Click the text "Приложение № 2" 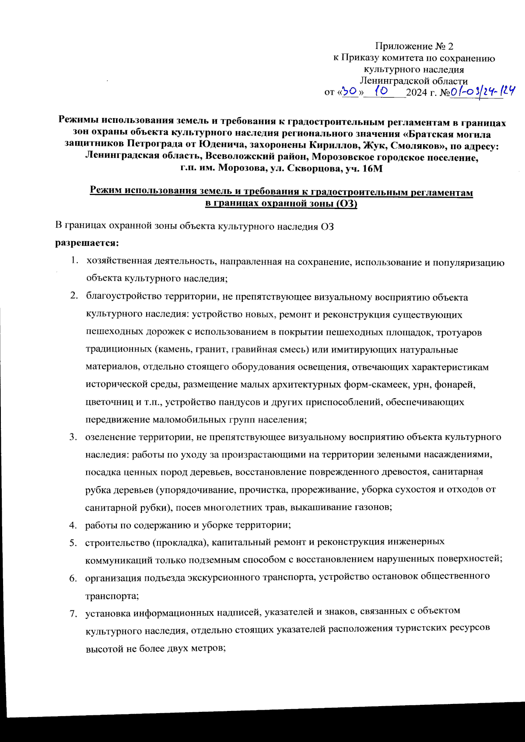click(x=414, y=46)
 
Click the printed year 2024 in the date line click(x=416, y=93)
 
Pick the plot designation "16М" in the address click(x=372, y=168)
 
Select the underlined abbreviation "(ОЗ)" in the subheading click(x=347, y=204)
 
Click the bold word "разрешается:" click(x=87, y=242)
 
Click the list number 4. click(x=73, y=525)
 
